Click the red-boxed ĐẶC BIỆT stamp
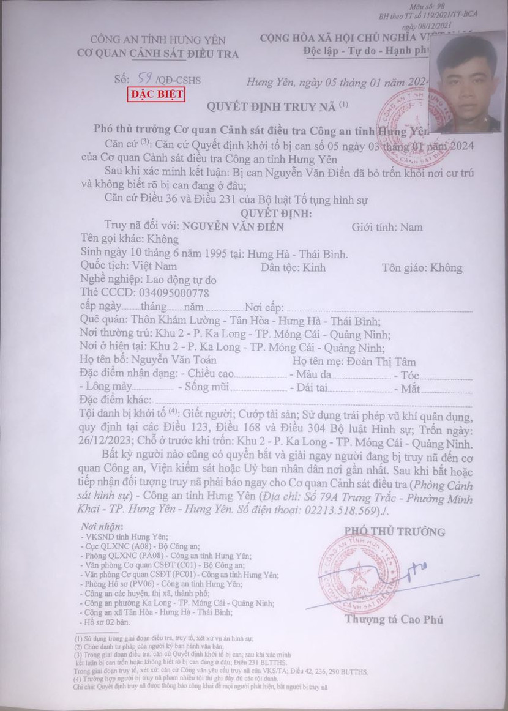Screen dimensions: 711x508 (x=156, y=95)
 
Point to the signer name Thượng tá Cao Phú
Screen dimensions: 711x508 (x=394, y=619)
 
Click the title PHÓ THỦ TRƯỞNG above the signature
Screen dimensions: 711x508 (x=395, y=531)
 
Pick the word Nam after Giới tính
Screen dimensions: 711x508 (x=411, y=227)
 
